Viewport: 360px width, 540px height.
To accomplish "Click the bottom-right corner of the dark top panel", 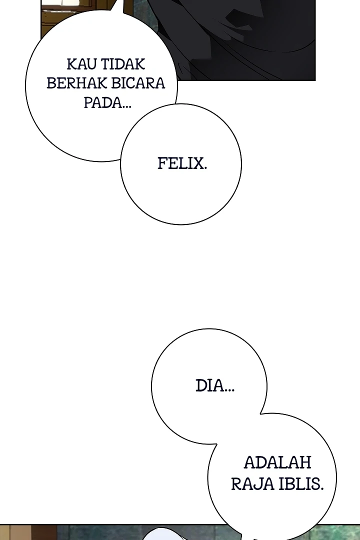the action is click(x=315, y=80).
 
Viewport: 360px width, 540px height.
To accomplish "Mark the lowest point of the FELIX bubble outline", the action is click(x=181, y=224).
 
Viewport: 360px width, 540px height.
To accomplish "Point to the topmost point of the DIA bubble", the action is click(x=209, y=328).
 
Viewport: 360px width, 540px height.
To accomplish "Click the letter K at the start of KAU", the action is click(x=71, y=64).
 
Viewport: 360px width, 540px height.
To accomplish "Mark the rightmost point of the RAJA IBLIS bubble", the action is click(x=336, y=477).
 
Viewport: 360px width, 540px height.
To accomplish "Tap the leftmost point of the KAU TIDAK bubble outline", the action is click(x=25, y=86).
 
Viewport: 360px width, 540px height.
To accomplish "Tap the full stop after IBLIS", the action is click(x=322, y=488).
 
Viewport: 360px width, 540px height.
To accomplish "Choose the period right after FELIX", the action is click(x=205, y=168).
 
